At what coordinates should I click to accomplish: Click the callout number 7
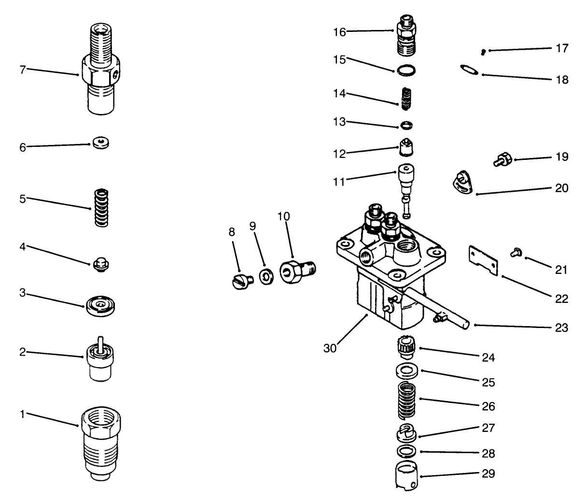(x=22, y=69)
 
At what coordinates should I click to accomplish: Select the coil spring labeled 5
(x=102, y=208)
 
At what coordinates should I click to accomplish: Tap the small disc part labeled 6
(x=101, y=143)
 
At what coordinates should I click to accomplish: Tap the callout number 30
(x=330, y=348)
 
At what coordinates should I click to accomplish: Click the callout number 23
(x=561, y=328)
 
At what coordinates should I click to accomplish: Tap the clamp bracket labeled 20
(x=461, y=184)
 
